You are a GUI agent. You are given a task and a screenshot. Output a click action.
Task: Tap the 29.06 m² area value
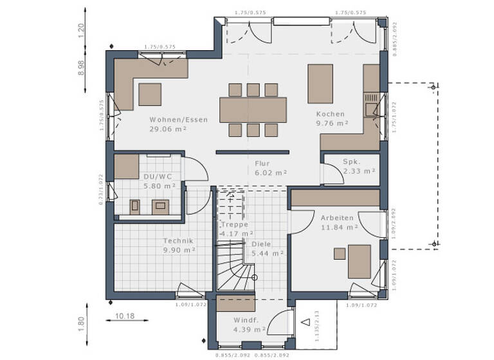point(168,129)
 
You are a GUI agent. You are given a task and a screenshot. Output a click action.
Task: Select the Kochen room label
point(330,114)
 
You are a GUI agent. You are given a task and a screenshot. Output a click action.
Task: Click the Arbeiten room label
point(337,218)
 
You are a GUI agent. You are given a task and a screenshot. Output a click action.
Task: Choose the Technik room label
point(178,241)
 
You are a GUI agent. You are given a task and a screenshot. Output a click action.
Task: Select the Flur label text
point(261,163)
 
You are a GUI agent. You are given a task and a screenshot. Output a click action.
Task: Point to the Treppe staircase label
point(235,225)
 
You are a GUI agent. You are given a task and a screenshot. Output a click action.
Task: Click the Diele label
point(261,244)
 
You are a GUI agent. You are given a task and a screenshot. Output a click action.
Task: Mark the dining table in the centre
point(253,109)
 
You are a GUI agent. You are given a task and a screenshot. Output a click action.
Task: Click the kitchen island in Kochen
point(320,84)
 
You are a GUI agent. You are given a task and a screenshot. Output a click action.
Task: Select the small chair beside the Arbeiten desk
point(340,253)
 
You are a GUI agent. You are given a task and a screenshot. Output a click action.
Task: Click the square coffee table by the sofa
point(151,94)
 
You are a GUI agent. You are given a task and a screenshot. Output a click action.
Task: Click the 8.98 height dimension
point(81,67)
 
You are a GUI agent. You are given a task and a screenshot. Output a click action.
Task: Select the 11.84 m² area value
point(339,227)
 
